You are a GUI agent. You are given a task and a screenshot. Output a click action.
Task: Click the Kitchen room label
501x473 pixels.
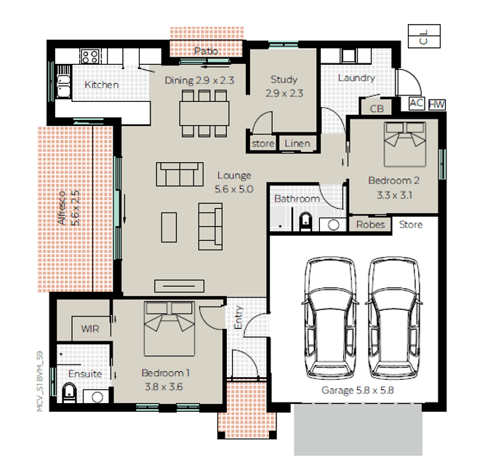click(x=102, y=84)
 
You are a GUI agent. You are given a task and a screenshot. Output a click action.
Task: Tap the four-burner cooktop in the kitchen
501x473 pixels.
click(x=89, y=57)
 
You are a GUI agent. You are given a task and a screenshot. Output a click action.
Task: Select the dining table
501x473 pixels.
click(x=204, y=114)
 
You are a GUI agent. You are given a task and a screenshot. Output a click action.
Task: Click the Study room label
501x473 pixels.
click(x=284, y=79)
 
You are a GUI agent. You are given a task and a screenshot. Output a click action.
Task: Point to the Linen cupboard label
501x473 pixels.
click(x=297, y=143)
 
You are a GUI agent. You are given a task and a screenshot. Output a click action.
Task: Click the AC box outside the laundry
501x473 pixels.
click(x=417, y=103)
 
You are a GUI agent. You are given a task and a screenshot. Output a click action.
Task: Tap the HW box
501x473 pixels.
click(x=437, y=105)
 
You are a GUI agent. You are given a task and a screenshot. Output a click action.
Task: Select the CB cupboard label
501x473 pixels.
click(x=377, y=108)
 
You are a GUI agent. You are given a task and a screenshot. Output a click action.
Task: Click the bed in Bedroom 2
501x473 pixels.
click(x=405, y=144)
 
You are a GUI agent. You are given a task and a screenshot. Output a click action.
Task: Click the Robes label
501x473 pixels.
click(x=370, y=225)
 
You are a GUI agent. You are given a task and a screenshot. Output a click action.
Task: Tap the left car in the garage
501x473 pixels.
click(x=330, y=318)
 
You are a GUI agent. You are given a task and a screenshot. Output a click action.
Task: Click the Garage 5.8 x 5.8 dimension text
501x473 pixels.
click(x=358, y=391)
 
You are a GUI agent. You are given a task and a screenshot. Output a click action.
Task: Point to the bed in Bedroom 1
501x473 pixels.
click(x=169, y=329)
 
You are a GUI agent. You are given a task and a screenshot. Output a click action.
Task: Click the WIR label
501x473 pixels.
click(x=90, y=329)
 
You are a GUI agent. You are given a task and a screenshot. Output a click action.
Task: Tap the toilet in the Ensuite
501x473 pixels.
click(x=69, y=393)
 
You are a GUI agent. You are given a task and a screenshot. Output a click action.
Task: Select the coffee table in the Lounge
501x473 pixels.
click(x=169, y=227)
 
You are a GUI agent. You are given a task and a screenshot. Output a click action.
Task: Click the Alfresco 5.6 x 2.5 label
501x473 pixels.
click(x=69, y=208)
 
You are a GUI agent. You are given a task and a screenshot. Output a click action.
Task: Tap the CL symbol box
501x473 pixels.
click(x=425, y=36)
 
